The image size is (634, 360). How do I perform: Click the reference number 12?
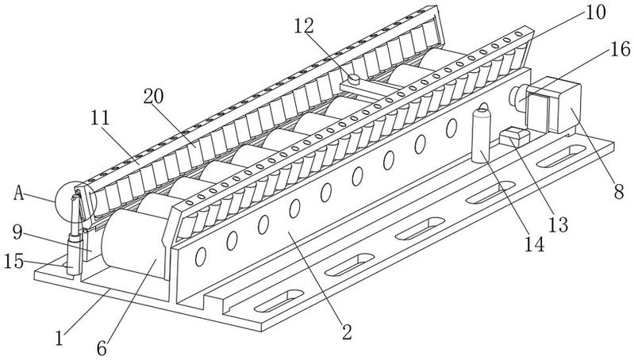point(304,26)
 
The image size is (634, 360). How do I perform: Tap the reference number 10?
point(595,13)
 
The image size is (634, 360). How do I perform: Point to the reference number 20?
point(154,97)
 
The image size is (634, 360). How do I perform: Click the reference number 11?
point(100,118)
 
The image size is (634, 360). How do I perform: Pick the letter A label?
point(19,193)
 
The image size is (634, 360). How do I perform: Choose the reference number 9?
point(17,232)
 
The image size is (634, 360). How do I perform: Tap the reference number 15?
point(13,261)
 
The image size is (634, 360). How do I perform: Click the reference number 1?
point(60,338)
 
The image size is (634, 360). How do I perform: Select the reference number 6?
point(102,348)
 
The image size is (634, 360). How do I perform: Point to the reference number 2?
point(347,332)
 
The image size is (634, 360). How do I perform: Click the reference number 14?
point(535,244)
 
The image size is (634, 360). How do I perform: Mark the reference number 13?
point(559,224)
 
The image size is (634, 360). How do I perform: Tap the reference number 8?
point(619,192)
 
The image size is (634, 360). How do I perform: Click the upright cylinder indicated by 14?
point(481,136)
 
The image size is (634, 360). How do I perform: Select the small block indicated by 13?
point(514,136)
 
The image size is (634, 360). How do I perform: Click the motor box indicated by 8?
point(554,105)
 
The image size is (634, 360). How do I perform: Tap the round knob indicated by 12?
point(354,79)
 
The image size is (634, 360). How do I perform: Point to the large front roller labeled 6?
point(133,243)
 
